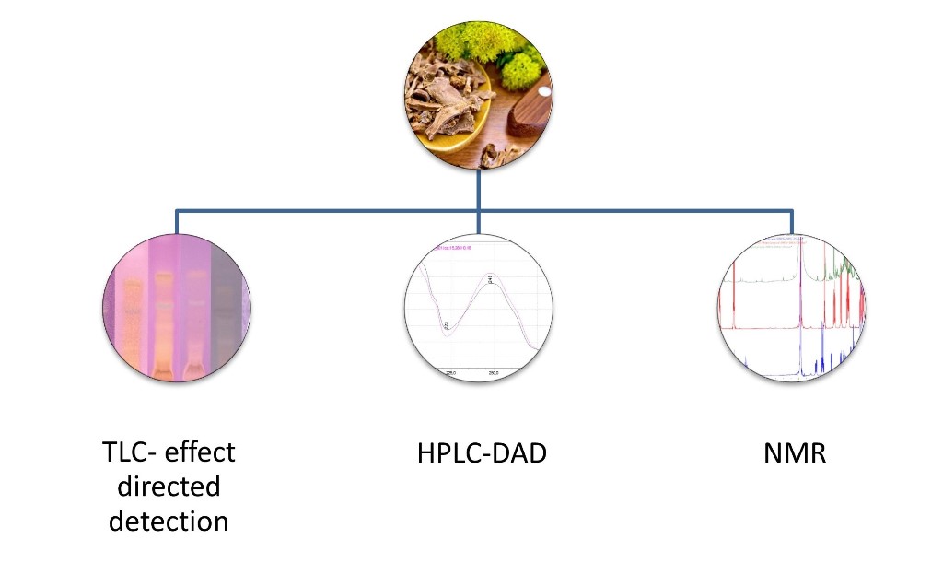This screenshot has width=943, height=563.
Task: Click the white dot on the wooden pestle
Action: [x=545, y=92]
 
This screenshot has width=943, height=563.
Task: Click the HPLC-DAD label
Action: [x=479, y=452]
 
